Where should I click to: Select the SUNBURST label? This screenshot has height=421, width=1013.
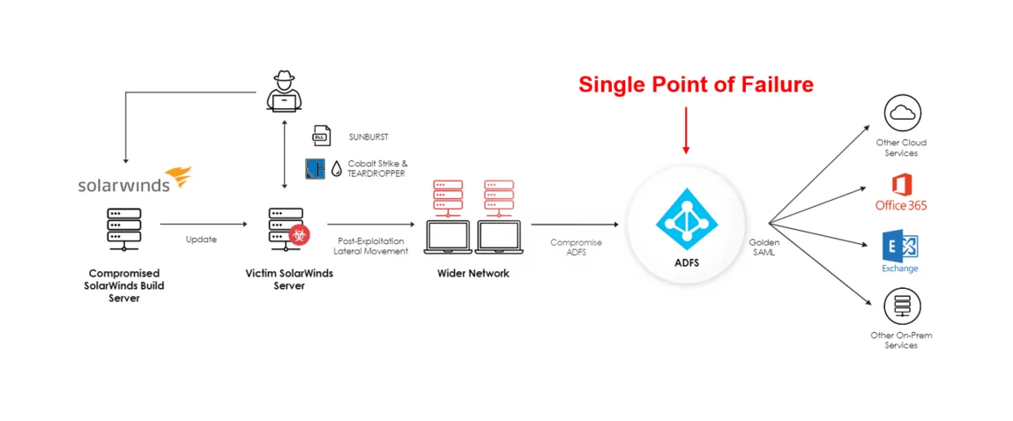368,137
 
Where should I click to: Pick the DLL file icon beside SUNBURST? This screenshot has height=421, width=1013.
321,137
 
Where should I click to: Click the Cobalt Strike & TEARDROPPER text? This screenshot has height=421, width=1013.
377,168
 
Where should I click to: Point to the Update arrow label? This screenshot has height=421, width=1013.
202,239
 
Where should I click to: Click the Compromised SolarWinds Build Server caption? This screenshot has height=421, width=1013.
124,285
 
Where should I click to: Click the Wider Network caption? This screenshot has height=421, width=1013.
473,273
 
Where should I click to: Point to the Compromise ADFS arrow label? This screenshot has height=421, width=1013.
576,247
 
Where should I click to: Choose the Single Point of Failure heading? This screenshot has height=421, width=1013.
696,85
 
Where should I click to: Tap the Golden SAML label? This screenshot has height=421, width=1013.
763,247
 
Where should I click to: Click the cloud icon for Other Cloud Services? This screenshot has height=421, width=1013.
902,112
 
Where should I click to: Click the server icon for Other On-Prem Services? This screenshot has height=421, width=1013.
902,307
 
